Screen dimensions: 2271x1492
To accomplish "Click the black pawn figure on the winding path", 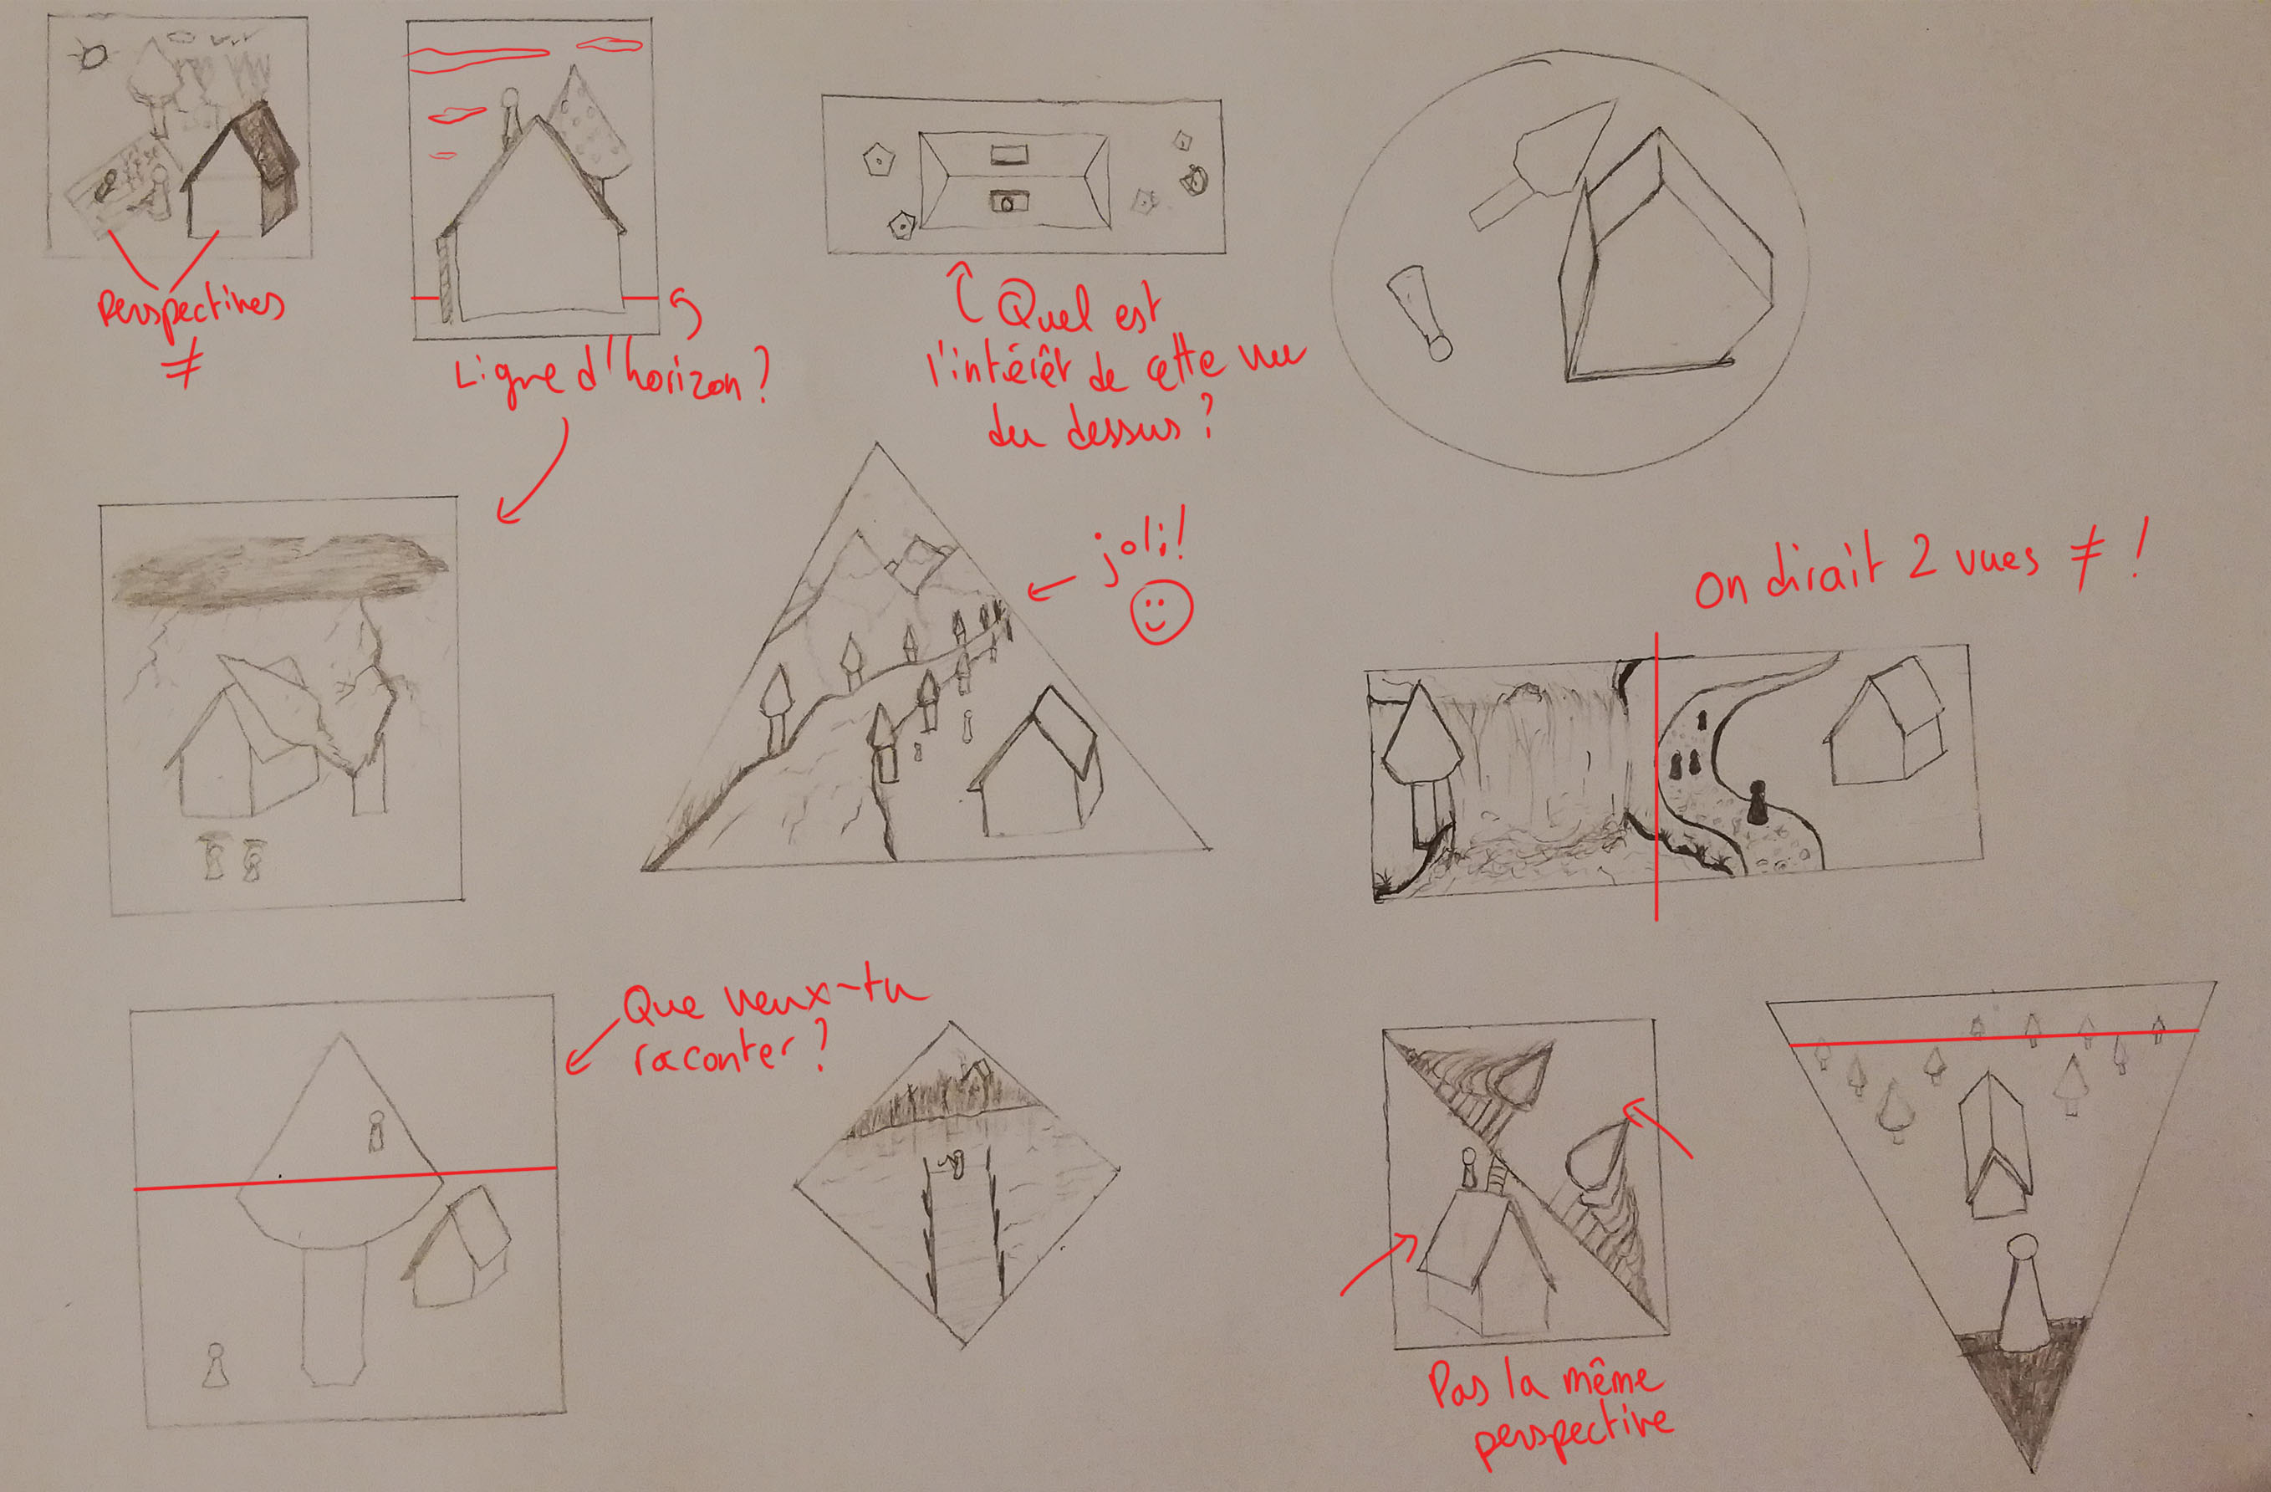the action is (1757, 802).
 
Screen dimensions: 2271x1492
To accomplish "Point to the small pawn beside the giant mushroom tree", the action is (216, 1365).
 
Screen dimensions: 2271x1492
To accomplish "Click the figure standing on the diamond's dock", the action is (952, 1163).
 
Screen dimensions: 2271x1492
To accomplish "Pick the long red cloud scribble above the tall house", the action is (477, 57).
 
